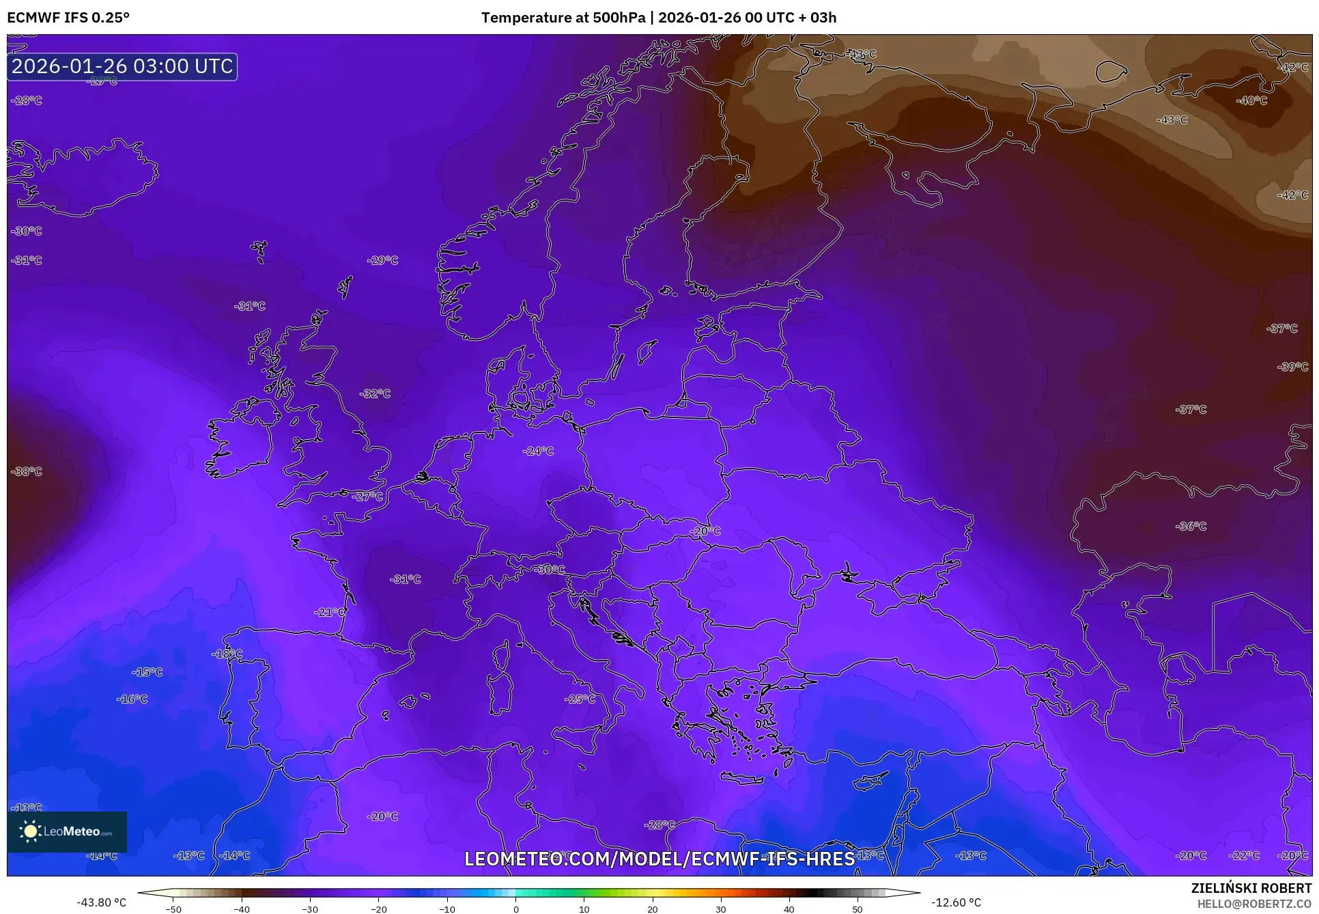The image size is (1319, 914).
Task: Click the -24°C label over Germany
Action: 538,451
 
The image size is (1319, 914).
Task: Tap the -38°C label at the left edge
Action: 27,471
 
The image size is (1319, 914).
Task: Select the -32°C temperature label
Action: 375,393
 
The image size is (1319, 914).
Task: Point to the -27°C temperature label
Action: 368,496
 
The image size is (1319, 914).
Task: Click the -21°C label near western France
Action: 330,612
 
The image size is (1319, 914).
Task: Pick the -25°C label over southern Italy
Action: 580,699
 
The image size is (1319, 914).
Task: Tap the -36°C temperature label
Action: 1191,526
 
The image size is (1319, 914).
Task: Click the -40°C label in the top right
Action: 1251,100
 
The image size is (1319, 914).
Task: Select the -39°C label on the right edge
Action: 1292,367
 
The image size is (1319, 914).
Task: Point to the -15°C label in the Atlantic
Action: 147,672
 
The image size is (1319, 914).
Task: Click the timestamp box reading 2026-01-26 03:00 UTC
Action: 122,66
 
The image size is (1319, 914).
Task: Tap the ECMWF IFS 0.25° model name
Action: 68,18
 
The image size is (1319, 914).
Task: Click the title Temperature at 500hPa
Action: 563,18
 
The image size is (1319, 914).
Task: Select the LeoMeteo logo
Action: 67,831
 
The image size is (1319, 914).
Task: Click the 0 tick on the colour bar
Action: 515,909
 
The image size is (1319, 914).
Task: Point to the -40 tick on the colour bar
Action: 242,909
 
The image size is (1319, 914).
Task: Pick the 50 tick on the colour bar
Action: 857,909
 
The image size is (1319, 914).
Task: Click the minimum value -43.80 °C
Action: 102,902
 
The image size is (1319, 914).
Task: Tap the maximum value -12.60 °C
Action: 956,902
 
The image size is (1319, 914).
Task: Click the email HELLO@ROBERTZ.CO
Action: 1254,904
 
